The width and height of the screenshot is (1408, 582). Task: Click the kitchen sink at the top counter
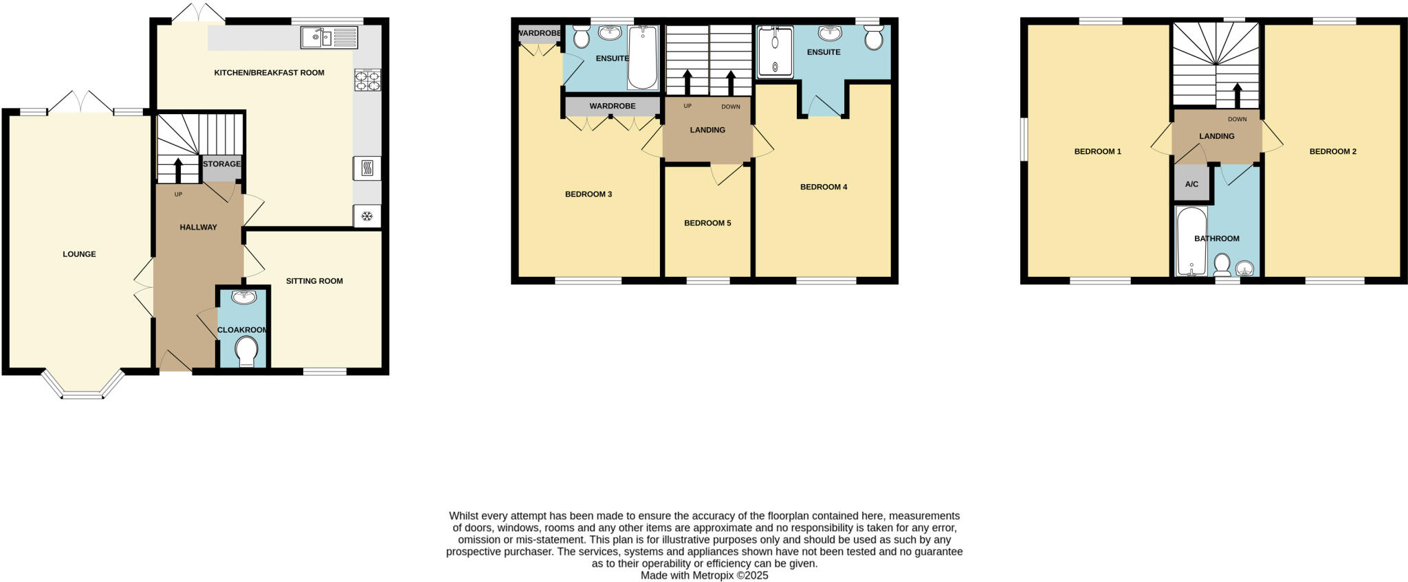point(329,36)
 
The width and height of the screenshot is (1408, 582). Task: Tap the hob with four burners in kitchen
point(367,80)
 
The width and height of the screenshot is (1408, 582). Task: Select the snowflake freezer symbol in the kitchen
point(367,216)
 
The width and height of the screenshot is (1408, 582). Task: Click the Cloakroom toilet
point(245,352)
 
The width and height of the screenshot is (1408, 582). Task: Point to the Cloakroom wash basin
point(244,297)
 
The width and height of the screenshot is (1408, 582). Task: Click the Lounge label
point(79,254)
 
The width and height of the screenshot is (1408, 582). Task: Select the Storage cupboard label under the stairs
point(221,164)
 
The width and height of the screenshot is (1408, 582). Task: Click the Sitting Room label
point(314,281)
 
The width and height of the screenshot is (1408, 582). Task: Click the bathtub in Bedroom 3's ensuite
point(643,58)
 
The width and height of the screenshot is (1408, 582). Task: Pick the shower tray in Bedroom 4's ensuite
point(775,52)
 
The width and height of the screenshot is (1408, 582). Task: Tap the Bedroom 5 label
point(707,223)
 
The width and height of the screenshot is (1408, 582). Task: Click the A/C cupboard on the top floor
point(1191,184)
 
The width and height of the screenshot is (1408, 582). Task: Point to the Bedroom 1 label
point(1097,152)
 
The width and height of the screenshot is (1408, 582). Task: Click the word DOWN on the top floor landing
point(1237,120)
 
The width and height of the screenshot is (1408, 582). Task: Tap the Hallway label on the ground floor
point(198,227)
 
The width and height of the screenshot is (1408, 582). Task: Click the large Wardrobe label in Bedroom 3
point(612,107)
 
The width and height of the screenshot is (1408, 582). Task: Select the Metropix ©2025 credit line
point(704,576)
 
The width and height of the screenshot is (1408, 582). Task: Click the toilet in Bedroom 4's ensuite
point(874,38)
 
